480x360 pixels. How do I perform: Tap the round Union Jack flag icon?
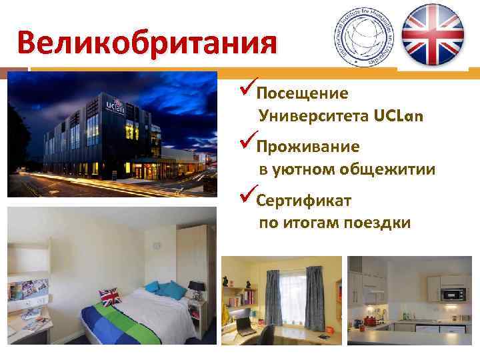[432, 34]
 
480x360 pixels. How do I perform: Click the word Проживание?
[307, 146]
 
